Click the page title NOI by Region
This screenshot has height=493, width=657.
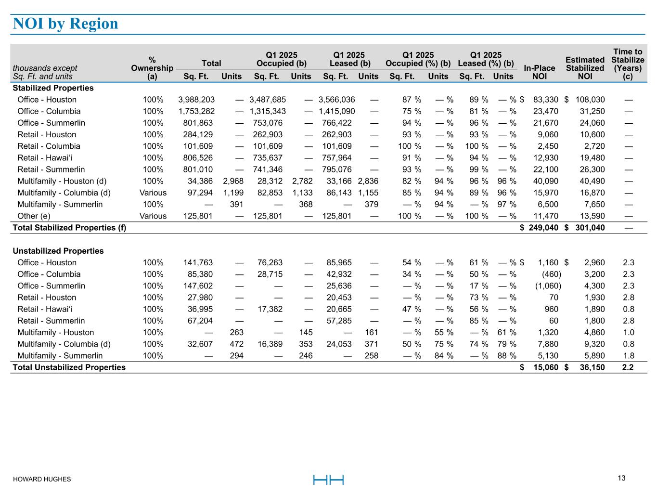pyautogui.click(x=65, y=24)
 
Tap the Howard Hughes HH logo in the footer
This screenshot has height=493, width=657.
pyautogui.click(x=328, y=480)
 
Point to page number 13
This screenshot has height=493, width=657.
pyautogui.click(x=621, y=478)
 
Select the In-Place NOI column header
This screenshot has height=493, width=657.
pyautogui.click(x=539, y=72)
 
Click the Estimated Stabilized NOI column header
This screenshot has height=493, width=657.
pyautogui.click(x=584, y=68)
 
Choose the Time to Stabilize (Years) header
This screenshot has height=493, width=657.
pyautogui.click(x=628, y=64)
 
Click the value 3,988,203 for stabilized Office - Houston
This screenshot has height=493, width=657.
pyautogui.click(x=196, y=100)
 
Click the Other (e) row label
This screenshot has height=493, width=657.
pyautogui.click(x=34, y=216)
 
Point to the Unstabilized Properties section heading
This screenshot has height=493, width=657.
pyautogui.click(x=58, y=251)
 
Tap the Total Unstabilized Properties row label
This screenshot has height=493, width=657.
pyautogui.click(x=69, y=367)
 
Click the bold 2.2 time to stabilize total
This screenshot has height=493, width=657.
pyautogui.click(x=628, y=367)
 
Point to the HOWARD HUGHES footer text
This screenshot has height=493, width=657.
pyautogui.click(x=42, y=479)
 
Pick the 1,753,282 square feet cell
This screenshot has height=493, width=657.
pyautogui.click(x=196, y=111)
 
